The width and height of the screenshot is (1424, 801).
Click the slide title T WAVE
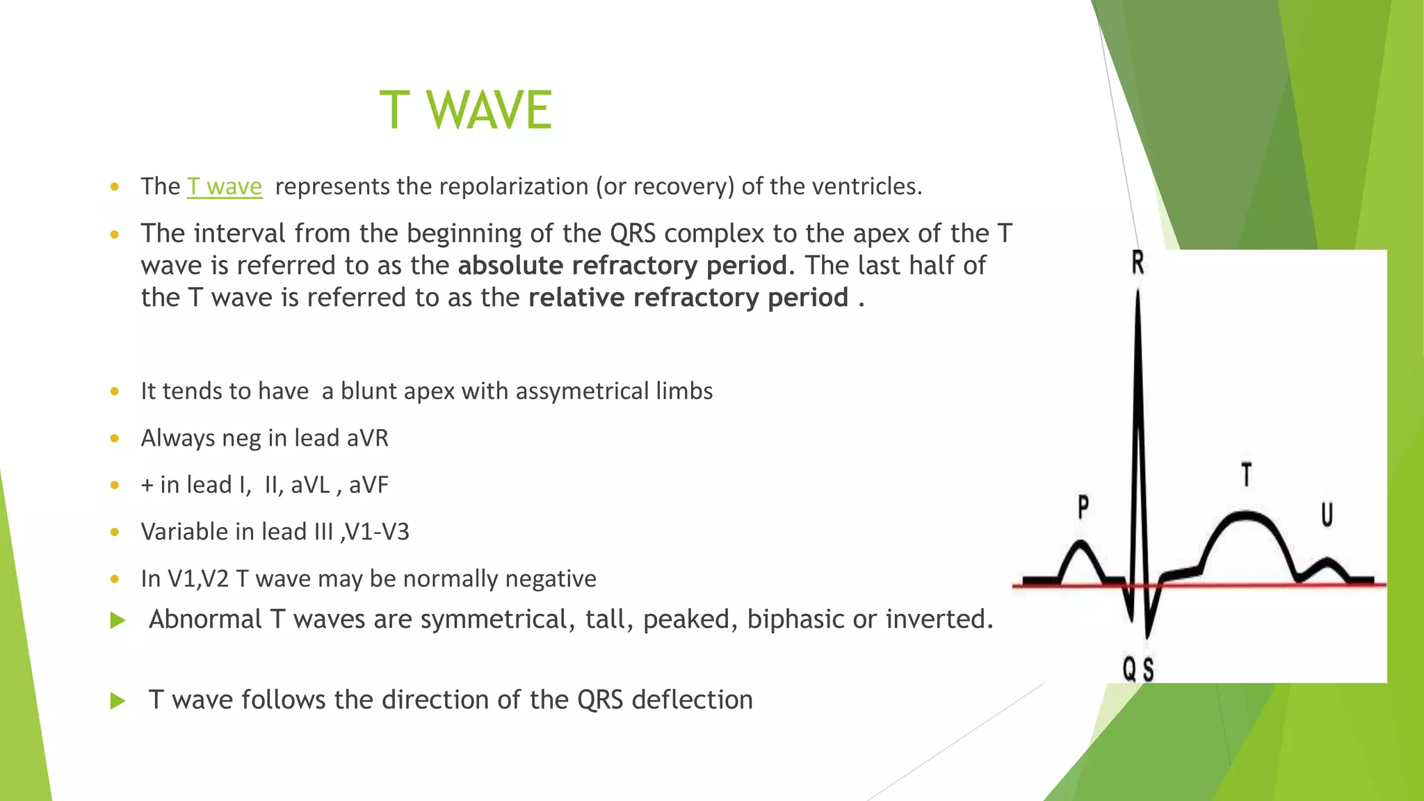coord(465,111)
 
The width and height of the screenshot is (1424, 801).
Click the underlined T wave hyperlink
coord(224,186)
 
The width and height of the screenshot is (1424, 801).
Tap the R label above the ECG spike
coord(1138,263)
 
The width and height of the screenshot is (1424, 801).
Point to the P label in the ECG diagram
coord(1083,507)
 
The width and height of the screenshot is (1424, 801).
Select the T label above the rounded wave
coord(1247,475)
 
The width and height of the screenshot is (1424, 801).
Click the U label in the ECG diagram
coord(1327,515)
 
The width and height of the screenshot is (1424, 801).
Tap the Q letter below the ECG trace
coord(1129,670)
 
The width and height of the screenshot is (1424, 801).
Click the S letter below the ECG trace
coord(1148,670)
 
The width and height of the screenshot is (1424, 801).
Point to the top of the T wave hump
coord(1246,515)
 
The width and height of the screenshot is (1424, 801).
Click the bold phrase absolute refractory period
coord(622,266)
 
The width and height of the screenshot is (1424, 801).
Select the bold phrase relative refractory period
coord(688,298)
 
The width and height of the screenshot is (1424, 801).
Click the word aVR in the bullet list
coord(367,438)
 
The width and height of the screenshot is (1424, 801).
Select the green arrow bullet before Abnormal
coord(118,620)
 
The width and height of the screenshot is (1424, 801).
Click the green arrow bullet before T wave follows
coord(118,701)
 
